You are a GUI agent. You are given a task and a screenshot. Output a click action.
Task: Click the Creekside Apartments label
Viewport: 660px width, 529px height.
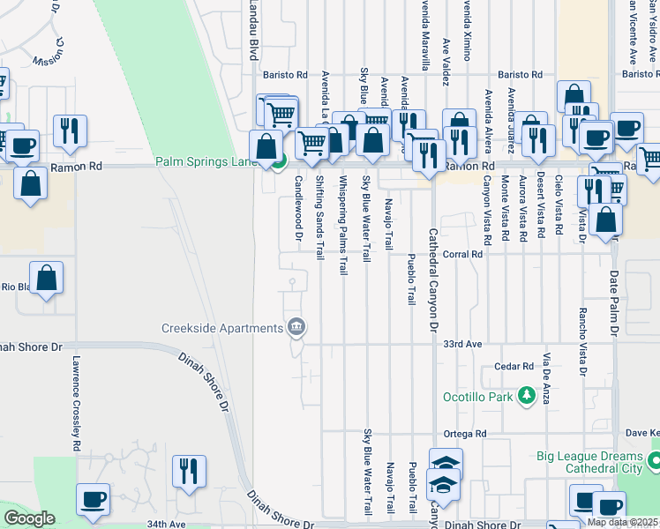pos(222,329)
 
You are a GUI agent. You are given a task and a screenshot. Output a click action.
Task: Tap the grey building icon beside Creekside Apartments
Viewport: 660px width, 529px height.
pos(296,328)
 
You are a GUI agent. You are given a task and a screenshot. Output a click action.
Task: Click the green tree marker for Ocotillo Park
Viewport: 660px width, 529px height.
pos(527,396)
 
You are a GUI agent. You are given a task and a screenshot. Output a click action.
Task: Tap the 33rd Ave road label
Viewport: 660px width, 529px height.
pos(463,343)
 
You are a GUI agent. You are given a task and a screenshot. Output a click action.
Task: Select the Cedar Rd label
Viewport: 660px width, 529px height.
pos(514,366)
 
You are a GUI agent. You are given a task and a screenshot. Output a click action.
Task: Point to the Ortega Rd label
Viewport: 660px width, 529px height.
pos(465,433)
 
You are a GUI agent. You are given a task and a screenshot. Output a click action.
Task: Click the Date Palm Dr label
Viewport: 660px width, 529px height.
pos(614,303)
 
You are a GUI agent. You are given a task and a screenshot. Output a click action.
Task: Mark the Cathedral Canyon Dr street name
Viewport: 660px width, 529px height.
pos(433,269)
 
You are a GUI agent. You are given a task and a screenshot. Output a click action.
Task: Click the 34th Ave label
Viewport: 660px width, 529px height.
pos(166,524)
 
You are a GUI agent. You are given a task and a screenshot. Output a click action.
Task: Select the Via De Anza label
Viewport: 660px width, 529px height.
pos(547,379)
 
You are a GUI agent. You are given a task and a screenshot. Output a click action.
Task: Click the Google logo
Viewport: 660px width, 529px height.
pos(29,518)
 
